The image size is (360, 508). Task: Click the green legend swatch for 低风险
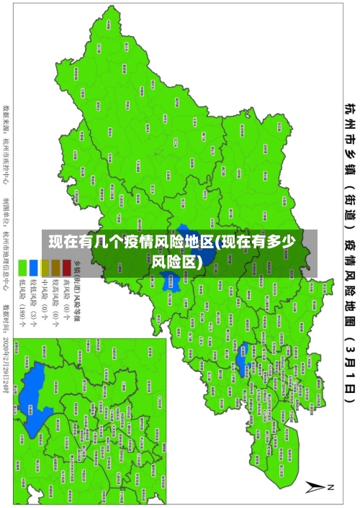click(x=22, y=268)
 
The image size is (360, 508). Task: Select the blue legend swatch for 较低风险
click(x=33, y=268)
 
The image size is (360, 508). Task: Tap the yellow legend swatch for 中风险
click(x=44, y=268)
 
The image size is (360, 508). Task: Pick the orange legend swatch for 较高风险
click(x=55, y=268)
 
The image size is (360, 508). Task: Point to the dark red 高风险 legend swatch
click(x=66, y=268)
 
